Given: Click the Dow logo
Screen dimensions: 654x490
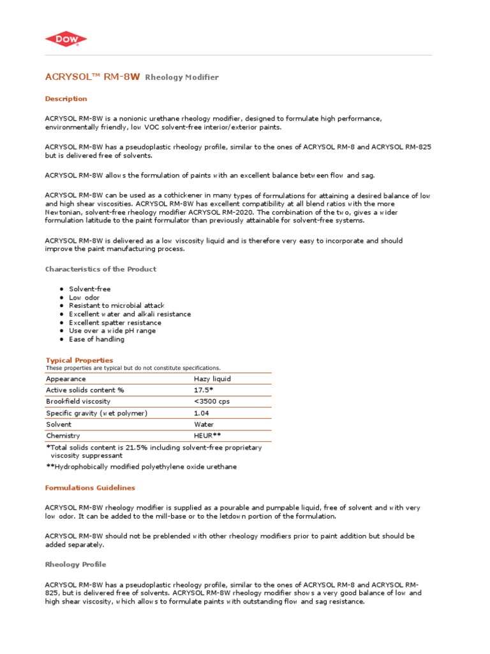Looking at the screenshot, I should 66,40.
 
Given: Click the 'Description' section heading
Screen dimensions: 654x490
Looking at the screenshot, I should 66,99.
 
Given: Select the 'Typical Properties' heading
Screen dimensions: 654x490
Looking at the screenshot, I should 79,360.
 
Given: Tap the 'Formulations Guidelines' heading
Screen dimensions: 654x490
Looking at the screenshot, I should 90,487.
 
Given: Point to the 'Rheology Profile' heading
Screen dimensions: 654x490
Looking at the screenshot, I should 75,565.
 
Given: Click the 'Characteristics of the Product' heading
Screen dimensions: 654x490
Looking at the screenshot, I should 100,269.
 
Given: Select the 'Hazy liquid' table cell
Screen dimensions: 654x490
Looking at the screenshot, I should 212,379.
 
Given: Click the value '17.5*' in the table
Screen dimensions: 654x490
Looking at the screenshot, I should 204,390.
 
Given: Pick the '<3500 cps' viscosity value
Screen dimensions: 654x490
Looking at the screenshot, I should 212,401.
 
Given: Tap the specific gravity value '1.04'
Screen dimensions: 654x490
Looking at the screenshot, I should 202,413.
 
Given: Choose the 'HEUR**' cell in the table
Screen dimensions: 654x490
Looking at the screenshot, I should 207,436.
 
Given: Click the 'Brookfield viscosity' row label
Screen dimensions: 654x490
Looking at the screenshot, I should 78,401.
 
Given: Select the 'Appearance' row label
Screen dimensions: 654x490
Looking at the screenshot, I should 66,379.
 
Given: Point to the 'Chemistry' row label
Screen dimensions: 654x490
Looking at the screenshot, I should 63,436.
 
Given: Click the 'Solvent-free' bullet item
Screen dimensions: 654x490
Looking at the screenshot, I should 90,289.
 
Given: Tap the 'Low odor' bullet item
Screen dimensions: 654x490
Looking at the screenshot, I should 84,298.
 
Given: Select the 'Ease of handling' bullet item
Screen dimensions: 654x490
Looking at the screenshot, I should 96,339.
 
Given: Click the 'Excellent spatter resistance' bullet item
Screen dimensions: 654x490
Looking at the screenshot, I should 115,323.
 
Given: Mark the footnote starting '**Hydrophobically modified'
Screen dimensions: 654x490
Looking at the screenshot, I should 141,467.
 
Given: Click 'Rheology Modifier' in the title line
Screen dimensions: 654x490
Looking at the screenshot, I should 182,77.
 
